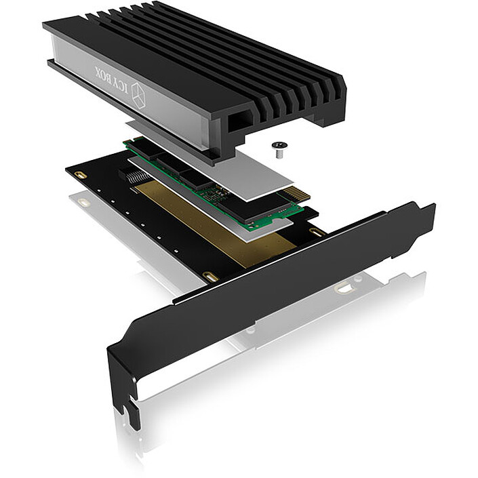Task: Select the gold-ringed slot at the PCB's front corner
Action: coord(209,277)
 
